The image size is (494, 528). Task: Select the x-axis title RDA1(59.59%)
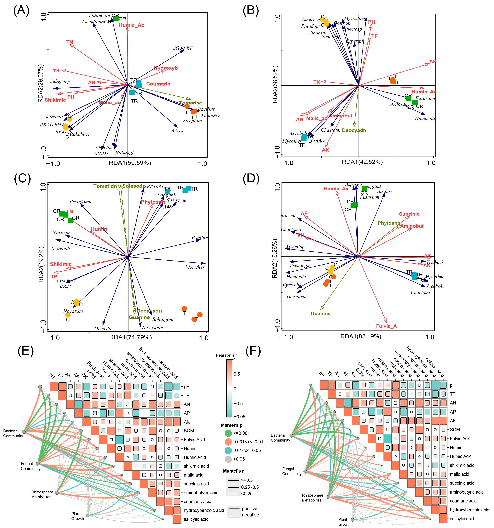click(x=130, y=163)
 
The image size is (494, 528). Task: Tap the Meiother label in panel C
click(x=195, y=267)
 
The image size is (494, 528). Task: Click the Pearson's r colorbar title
click(x=226, y=355)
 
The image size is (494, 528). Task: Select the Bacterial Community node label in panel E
click(x=13, y=433)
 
